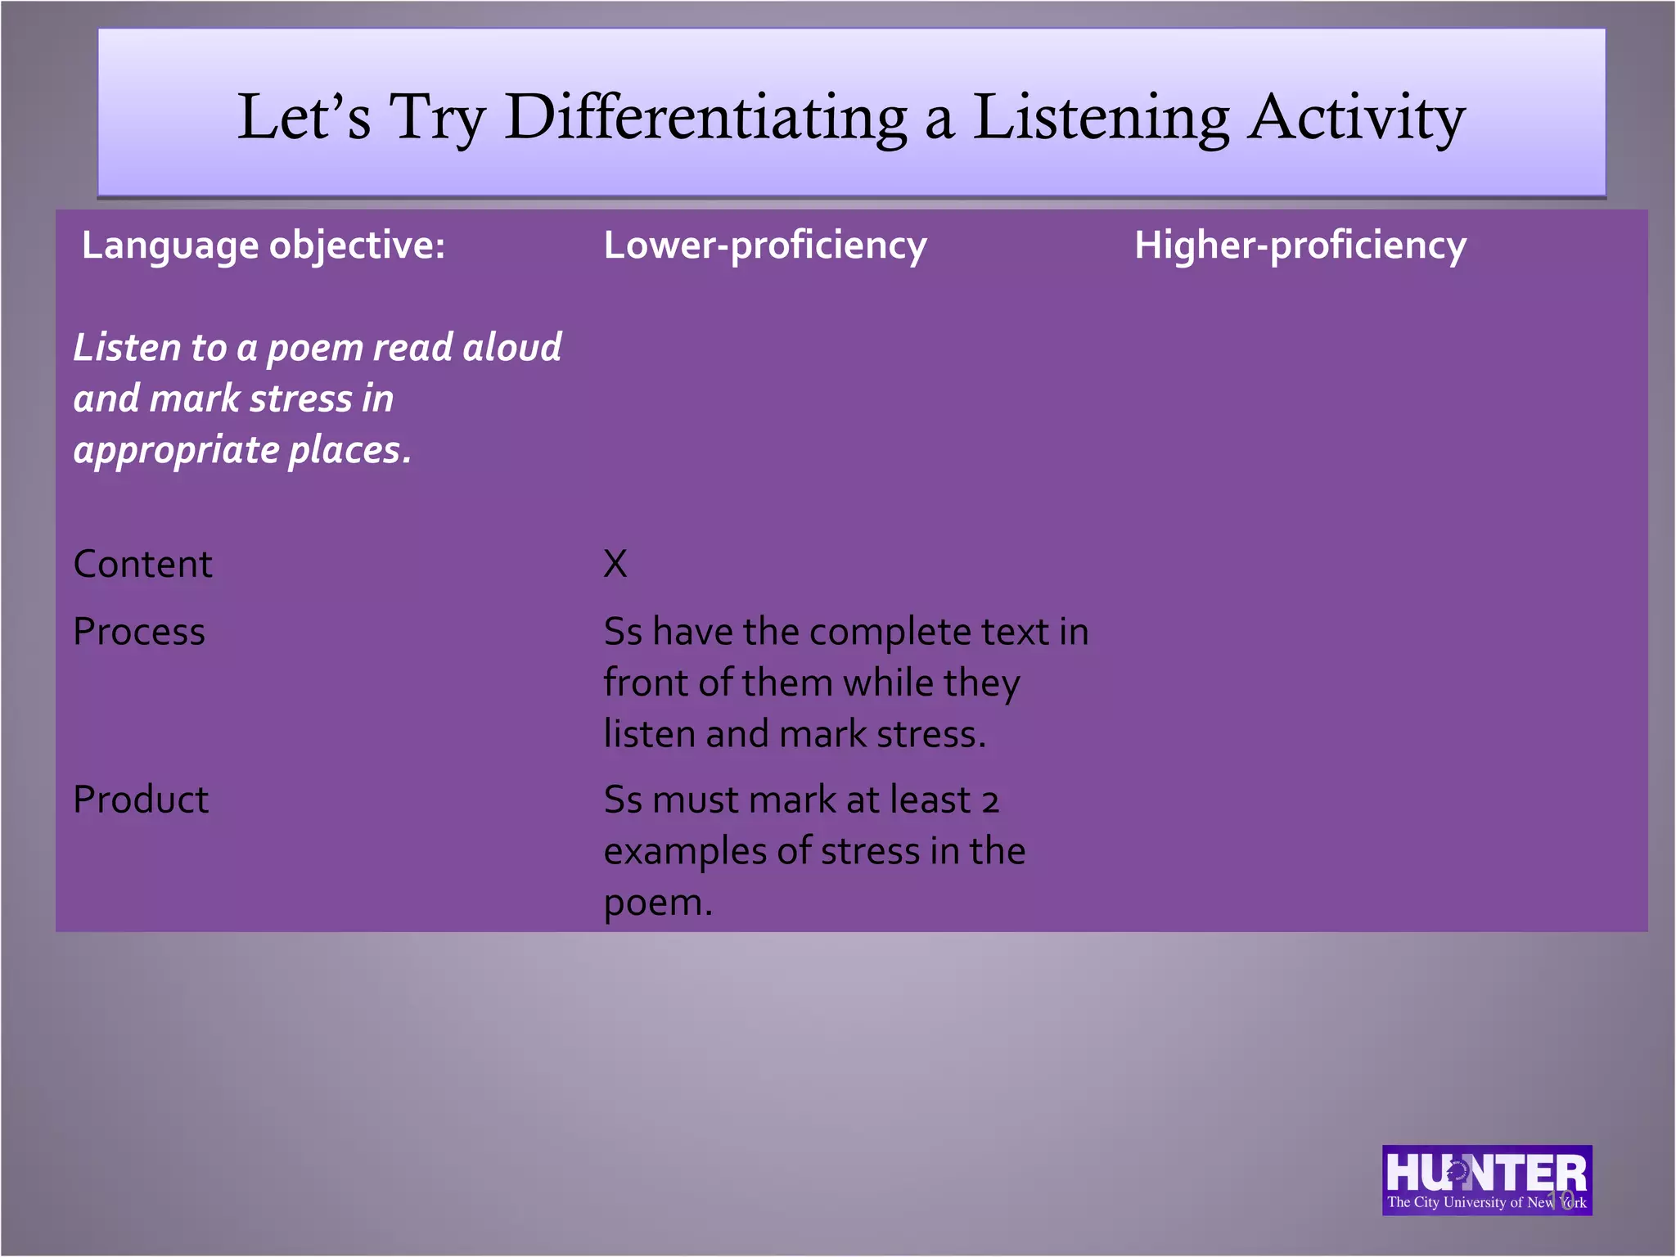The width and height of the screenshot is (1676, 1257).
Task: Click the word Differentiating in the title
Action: (x=705, y=117)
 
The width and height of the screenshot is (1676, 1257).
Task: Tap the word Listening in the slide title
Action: (x=1101, y=117)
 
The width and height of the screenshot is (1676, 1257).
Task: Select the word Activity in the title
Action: (x=1357, y=117)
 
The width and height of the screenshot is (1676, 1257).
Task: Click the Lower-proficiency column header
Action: (x=765, y=246)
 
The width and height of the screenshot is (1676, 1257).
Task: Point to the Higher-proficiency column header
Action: (x=1300, y=246)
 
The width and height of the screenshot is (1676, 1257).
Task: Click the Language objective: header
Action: (x=264, y=246)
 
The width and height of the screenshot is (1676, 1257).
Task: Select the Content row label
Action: (x=142, y=564)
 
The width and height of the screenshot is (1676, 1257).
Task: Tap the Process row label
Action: (x=139, y=632)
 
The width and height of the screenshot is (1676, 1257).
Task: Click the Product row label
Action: (x=141, y=800)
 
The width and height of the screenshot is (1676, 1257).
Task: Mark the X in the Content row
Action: (x=615, y=564)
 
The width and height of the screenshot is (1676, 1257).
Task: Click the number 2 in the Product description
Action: (x=990, y=802)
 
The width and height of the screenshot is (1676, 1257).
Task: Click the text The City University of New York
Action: (x=1486, y=1202)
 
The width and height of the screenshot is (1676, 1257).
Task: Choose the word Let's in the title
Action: (x=304, y=117)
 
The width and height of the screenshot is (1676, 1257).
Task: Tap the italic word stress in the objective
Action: (x=300, y=399)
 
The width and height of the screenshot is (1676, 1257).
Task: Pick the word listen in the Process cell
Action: (x=648, y=734)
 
